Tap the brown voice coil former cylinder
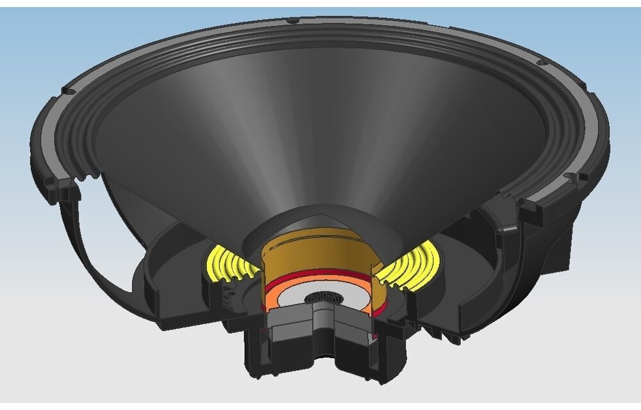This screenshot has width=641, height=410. click(317, 256)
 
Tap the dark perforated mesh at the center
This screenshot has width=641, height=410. click(323, 298)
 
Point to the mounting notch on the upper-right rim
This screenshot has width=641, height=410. click(540, 63)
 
